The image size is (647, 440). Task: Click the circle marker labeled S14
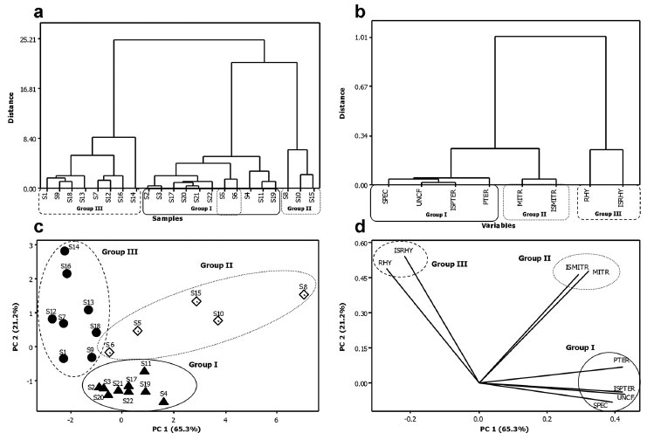pyautogui.click(x=65, y=251)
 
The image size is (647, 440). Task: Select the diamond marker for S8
pyautogui.click(x=304, y=295)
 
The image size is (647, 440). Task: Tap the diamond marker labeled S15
pyautogui.click(x=196, y=301)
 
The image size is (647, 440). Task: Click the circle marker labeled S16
pyautogui.click(x=66, y=273)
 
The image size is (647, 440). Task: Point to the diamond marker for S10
pyautogui.click(x=218, y=320)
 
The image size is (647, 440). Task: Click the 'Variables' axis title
pyautogui.click(x=496, y=224)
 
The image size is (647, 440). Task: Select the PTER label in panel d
pyautogui.click(x=621, y=359)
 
